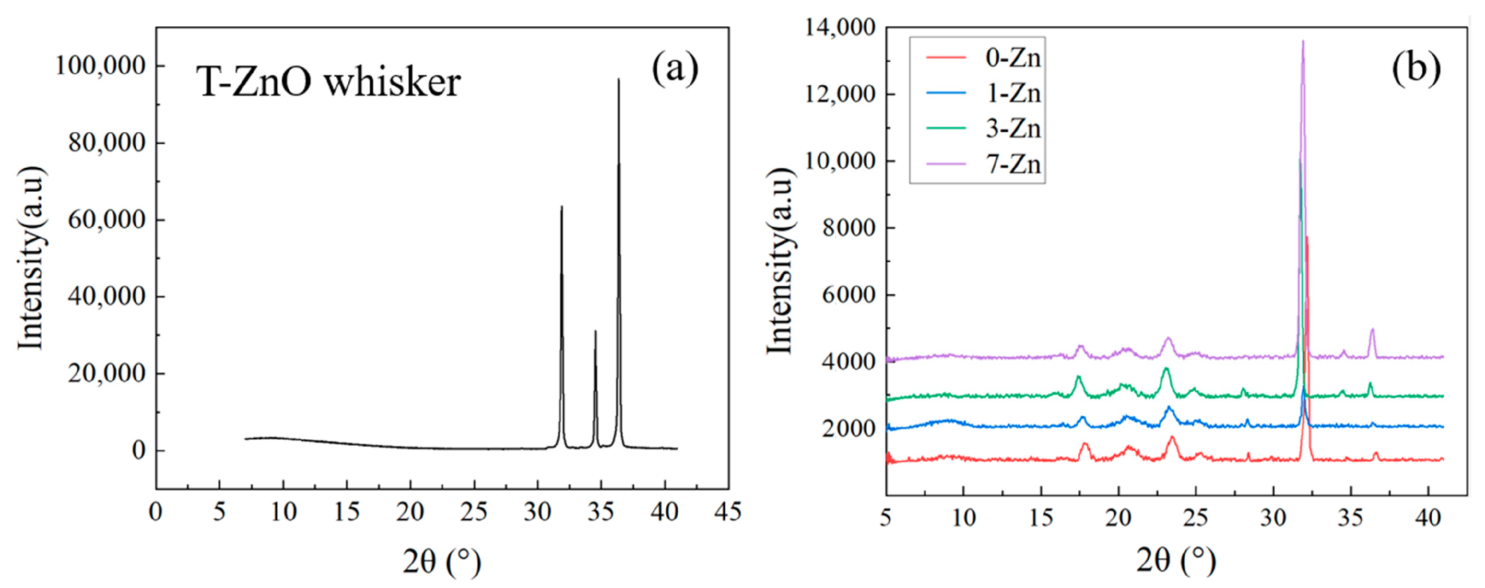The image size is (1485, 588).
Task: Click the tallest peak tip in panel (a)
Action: tap(618, 80)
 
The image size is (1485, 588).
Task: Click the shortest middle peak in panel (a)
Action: tap(595, 332)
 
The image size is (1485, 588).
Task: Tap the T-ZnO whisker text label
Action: tap(329, 82)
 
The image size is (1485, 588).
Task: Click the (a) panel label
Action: tap(675, 69)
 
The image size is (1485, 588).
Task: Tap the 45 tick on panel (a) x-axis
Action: tap(728, 512)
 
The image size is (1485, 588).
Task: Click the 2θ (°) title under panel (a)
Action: tap(442, 562)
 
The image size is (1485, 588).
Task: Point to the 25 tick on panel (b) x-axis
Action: tap(1196, 518)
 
